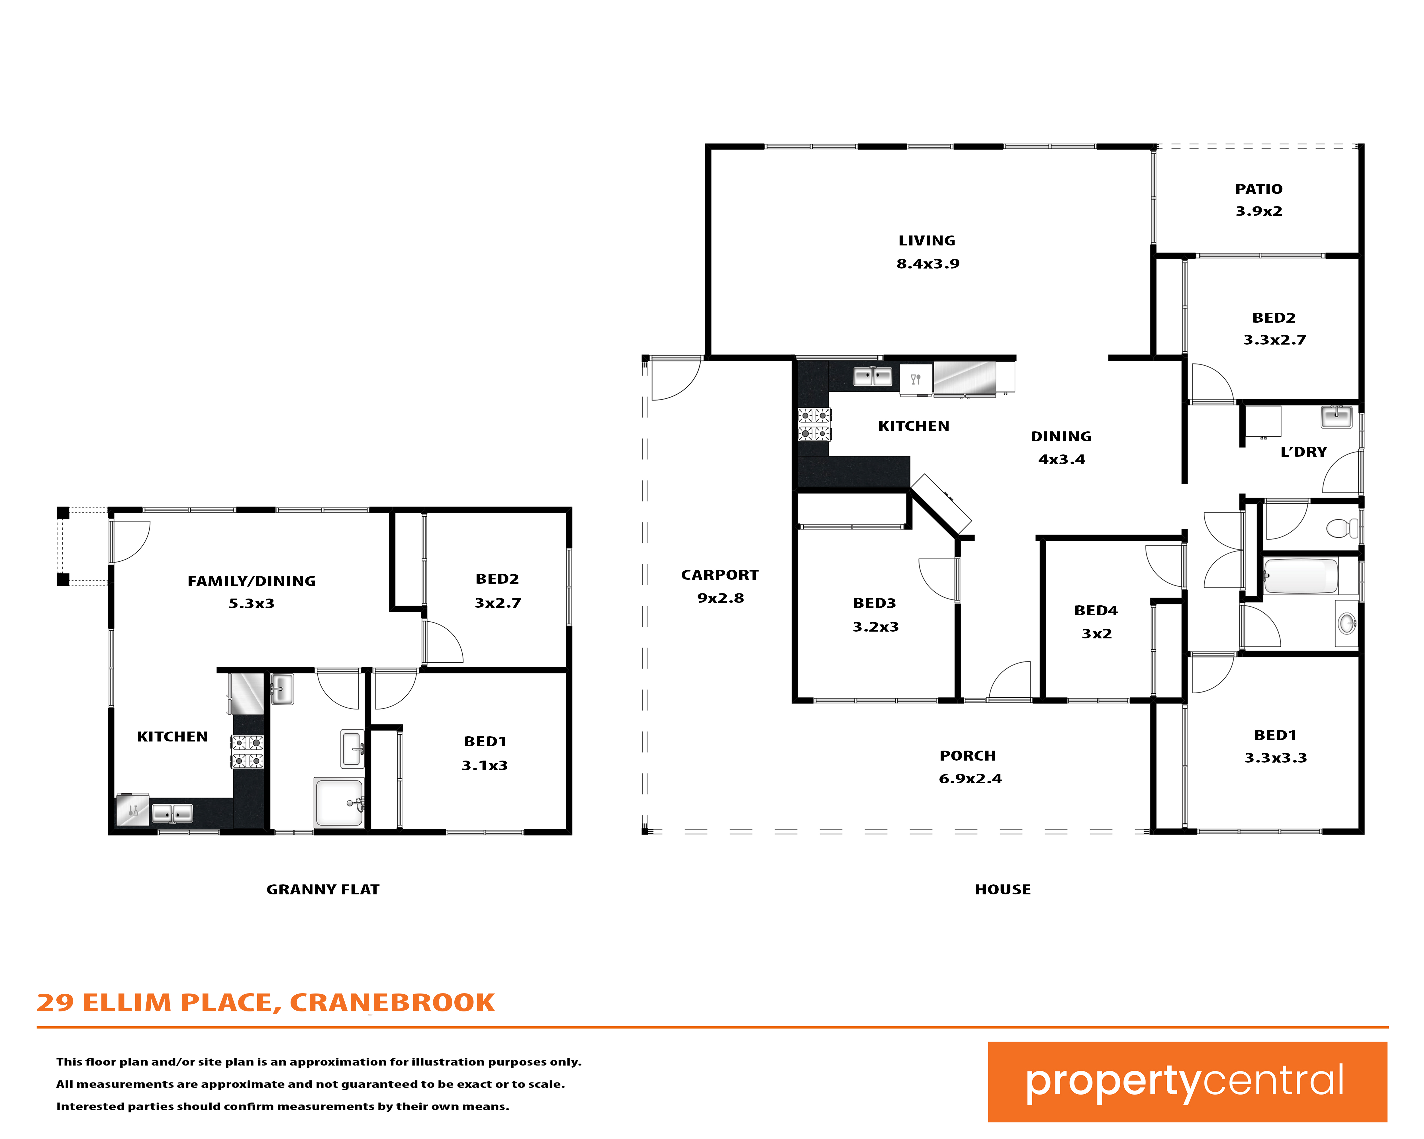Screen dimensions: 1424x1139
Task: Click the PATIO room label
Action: [1259, 190]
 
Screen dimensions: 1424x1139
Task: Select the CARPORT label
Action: [720, 575]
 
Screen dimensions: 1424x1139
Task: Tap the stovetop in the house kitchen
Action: [814, 425]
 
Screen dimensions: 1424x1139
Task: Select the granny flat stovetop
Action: [247, 752]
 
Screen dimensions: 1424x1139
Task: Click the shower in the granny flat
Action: [339, 802]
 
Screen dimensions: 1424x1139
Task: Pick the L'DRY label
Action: [1303, 452]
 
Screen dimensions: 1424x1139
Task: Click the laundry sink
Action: [1336, 417]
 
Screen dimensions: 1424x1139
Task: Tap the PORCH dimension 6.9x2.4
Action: [970, 779]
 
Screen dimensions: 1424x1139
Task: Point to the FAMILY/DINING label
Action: [252, 581]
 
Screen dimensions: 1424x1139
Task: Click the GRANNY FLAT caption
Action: [323, 889]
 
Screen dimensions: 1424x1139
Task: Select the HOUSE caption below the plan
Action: [1003, 889]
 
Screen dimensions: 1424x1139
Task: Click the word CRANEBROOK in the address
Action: [392, 1002]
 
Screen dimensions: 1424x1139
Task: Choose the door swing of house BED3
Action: [938, 579]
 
